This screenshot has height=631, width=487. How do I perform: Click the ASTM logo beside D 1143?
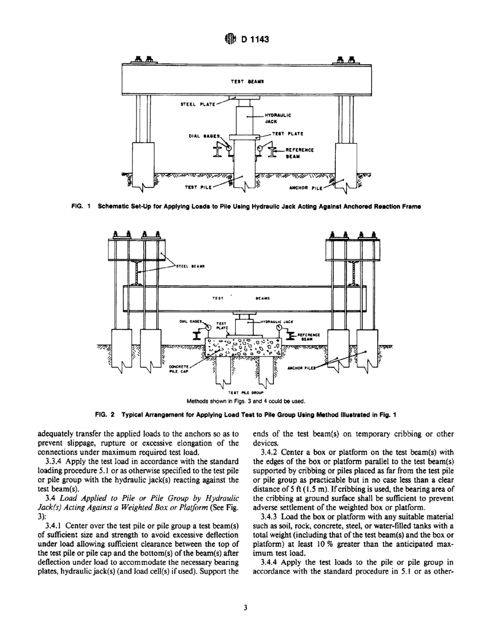click(x=229, y=39)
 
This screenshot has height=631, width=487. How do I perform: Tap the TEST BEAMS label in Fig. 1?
click(x=247, y=81)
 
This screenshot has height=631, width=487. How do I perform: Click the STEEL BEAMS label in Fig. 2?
click(x=190, y=266)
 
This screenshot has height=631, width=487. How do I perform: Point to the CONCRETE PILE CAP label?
click(x=179, y=369)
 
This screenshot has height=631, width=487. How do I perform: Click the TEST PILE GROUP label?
click(x=245, y=392)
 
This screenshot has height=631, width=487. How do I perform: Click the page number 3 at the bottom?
click(x=245, y=608)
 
